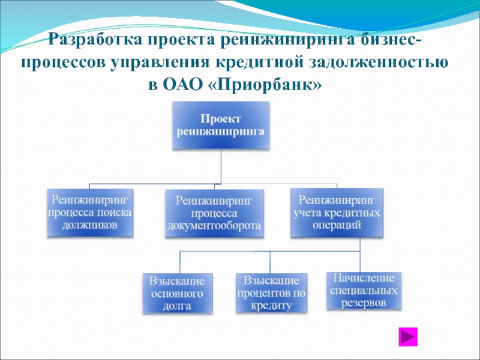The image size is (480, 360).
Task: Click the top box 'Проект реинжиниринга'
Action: click(221, 125)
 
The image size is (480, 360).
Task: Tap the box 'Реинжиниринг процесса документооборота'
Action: click(214, 212)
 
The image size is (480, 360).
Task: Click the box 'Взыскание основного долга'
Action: click(177, 293)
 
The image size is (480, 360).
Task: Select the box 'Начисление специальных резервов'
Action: click(364, 291)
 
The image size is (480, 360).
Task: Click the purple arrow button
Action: click(409, 337)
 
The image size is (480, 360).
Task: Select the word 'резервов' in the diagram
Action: click(364, 303)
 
